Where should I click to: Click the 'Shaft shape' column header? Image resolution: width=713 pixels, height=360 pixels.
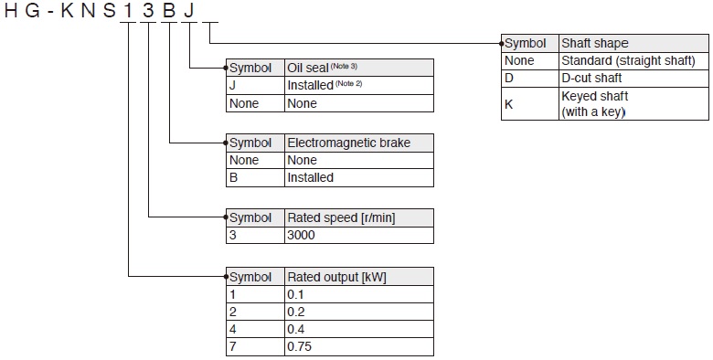point(595,43)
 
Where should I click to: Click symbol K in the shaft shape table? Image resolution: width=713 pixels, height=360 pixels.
point(509,103)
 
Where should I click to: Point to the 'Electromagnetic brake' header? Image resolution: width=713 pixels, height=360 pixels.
point(348,143)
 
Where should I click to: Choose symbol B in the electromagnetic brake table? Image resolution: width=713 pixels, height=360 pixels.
point(234,177)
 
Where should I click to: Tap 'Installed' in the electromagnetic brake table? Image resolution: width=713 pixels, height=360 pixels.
point(311,177)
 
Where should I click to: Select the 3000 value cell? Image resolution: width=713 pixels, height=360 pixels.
point(302,235)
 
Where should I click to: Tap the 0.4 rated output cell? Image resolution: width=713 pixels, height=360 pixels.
point(295,329)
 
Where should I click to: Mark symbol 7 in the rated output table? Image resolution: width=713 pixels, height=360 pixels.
point(233,347)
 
